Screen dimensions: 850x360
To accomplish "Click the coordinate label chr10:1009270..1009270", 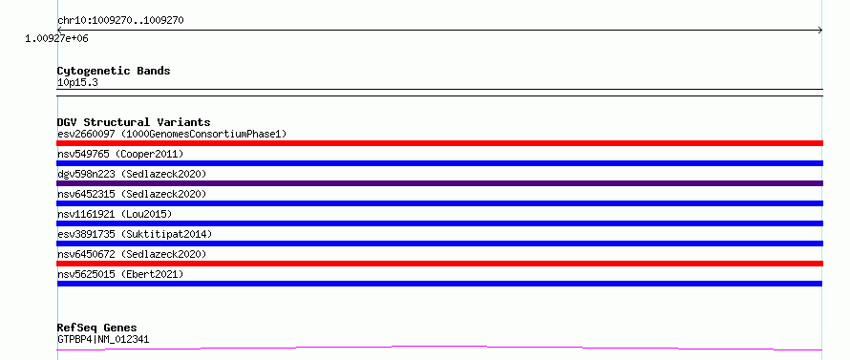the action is click(x=120, y=21).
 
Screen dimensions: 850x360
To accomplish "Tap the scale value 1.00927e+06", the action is click(x=56, y=38).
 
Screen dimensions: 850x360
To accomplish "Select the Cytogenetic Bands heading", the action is click(x=114, y=71).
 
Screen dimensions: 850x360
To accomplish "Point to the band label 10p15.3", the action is click(x=77, y=83).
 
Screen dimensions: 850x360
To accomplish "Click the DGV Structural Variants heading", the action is click(x=134, y=122).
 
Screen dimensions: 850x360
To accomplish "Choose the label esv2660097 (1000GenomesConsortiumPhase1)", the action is click(x=172, y=134).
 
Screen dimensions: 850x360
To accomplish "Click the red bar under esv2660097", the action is click(x=439, y=143).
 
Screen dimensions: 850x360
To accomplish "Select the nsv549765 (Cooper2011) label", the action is click(x=120, y=155).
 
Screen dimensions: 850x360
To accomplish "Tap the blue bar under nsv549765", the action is click(x=439, y=163).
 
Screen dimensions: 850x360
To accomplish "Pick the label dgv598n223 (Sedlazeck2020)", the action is click(x=132, y=174).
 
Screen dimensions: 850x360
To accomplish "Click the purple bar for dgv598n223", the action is click(x=439, y=183).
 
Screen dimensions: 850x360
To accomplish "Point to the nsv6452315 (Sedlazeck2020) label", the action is click(x=132, y=194).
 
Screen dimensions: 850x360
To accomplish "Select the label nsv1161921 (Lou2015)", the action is click(x=115, y=214).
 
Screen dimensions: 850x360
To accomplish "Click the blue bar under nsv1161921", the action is click(x=439, y=223).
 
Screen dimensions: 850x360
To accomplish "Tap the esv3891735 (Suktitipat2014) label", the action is click(x=135, y=234).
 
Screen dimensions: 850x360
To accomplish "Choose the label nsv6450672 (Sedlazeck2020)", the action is click(x=132, y=254).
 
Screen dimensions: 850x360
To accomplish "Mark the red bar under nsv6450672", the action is click(x=439, y=264).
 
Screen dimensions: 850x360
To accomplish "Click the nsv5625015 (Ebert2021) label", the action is click(x=120, y=274).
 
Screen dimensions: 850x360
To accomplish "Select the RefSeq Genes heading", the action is click(x=97, y=328).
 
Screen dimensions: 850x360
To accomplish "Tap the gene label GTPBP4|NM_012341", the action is click(x=103, y=340).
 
